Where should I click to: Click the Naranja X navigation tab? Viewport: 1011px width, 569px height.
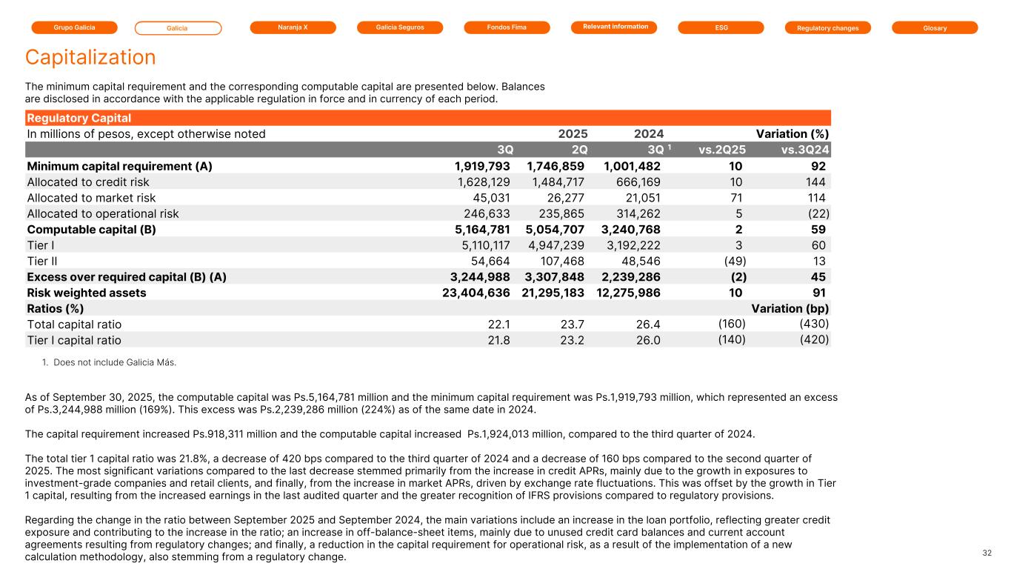click(x=293, y=27)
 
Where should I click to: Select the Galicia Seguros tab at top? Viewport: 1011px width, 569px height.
click(x=399, y=27)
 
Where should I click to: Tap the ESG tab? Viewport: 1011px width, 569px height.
click(x=721, y=27)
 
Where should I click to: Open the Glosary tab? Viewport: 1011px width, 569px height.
click(x=935, y=27)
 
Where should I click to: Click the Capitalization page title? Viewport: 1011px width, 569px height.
click(x=90, y=57)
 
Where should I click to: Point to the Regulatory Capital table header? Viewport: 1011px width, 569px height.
click(x=79, y=118)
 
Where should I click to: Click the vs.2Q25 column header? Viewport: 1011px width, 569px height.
click(x=722, y=150)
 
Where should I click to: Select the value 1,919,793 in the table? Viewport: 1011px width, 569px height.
click(x=482, y=166)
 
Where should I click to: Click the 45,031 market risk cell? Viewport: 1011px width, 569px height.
click(x=493, y=197)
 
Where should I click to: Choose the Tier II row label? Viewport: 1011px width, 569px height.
click(x=41, y=261)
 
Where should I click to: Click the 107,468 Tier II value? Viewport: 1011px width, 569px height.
click(x=558, y=261)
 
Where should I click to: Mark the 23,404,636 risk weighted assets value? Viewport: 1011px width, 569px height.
click(x=474, y=293)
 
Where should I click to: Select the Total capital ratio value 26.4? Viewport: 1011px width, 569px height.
click(x=648, y=324)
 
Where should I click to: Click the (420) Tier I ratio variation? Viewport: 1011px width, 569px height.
click(x=814, y=339)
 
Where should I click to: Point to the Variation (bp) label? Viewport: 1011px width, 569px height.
click(x=790, y=308)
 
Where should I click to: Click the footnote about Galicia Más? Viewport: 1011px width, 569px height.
click(x=115, y=362)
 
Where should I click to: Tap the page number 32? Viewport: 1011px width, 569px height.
click(x=987, y=553)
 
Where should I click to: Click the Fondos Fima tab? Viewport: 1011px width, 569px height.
click(x=507, y=27)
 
